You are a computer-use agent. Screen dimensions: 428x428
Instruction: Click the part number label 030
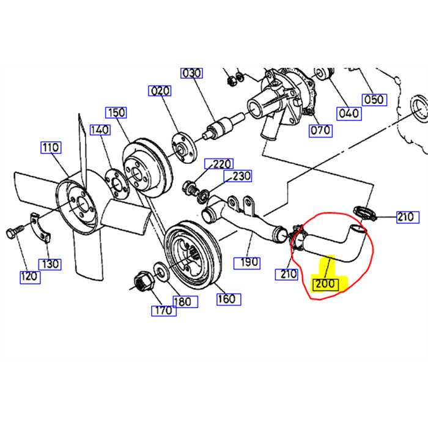192,73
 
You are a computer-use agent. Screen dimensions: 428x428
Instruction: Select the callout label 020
160,91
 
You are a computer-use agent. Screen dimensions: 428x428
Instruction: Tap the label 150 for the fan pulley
116,113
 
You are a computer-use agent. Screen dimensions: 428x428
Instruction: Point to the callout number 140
100,130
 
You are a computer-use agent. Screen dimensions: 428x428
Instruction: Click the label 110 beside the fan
51,147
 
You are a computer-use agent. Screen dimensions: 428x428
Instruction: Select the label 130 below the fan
50,264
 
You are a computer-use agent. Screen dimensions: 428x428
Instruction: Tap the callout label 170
164,310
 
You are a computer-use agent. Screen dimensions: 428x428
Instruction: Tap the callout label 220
223,164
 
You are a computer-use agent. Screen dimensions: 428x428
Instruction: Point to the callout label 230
240,177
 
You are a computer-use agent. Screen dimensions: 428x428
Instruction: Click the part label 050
373,100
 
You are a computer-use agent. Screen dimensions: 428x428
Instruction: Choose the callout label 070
320,130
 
